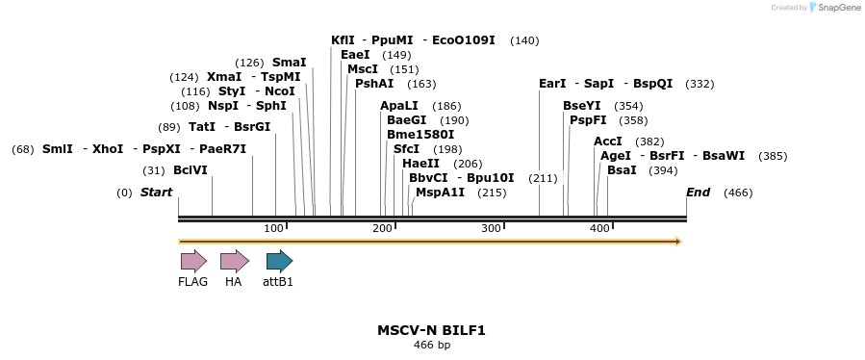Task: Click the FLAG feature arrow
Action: pyautogui.click(x=193, y=261)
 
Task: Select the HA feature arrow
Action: pyautogui.click(x=234, y=261)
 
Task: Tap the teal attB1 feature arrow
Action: pyautogui.click(x=279, y=261)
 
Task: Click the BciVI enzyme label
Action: pyautogui.click(x=191, y=170)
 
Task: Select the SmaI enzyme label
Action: pyautogui.click(x=289, y=63)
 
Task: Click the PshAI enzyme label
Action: pyautogui.click(x=374, y=84)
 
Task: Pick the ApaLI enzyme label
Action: pyautogui.click(x=399, y=106)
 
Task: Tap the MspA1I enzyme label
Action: pyautogui.click(x=440, y=193)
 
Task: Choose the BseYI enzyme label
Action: pyautogui.click(x=583, y=106)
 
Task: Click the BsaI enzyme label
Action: pyautogui.click(x=622, y=170)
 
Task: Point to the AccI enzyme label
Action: pyautogui.click(x=608, y=141)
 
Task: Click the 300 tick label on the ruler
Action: pyautogui.click(x=492, y=228)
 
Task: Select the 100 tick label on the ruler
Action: pyautogui.click(x=274, y=228)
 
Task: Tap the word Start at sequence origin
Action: pyautogui.click(x=156, y=193)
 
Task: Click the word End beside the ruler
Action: pyautogui.click(x=698, y=193)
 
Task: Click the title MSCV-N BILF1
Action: pyautogui.click(x=431, y=330)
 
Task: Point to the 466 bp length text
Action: pyautogui.click(x=431, y=345)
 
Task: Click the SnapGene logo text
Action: pyautogui.click(x=836, y=8)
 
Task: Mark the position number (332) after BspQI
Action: pyautogui.click(x=700, y=84)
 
